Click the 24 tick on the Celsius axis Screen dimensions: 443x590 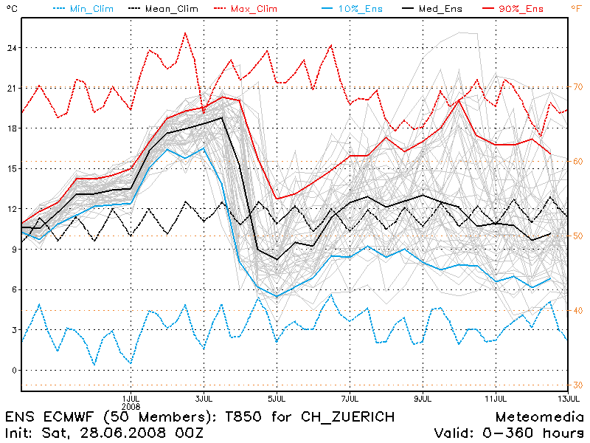(11, 48)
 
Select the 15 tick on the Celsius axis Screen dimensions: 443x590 (11, 168)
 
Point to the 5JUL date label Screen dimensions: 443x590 (277, 396)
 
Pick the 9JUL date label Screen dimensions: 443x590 (423, 396)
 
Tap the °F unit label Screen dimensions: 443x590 (576, 8)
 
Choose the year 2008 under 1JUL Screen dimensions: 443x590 (131, 405)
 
